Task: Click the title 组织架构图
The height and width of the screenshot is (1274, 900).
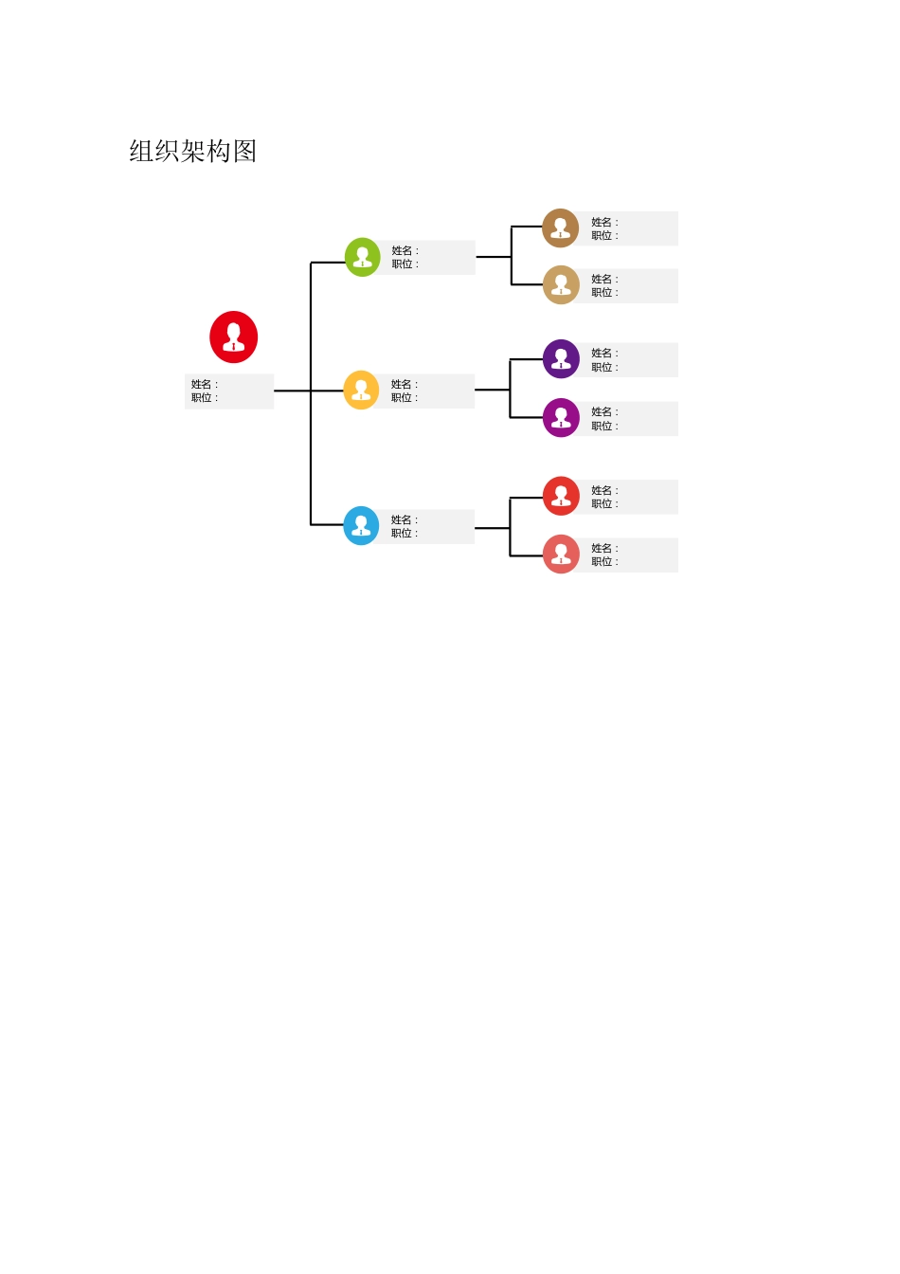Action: (x=193, y=152)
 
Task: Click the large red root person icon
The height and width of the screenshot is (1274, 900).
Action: (x=233, y=337)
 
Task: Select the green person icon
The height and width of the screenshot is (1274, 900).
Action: (x=362, y=257)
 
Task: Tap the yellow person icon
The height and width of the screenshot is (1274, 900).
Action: (x=361, y=390)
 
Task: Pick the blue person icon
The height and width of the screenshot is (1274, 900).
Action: (x=361, y=526)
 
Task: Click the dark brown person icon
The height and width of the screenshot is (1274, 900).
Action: (x=561, y=228)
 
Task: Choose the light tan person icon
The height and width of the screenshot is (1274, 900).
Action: (x=561, y=284)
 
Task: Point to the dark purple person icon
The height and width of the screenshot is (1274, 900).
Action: (x=561, y=359)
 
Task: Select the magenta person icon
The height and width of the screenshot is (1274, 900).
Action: (x=561, y=417)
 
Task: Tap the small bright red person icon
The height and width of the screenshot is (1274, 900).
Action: (x=561, y=496)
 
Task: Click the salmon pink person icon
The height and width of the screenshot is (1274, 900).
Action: (x=561, y=555)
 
